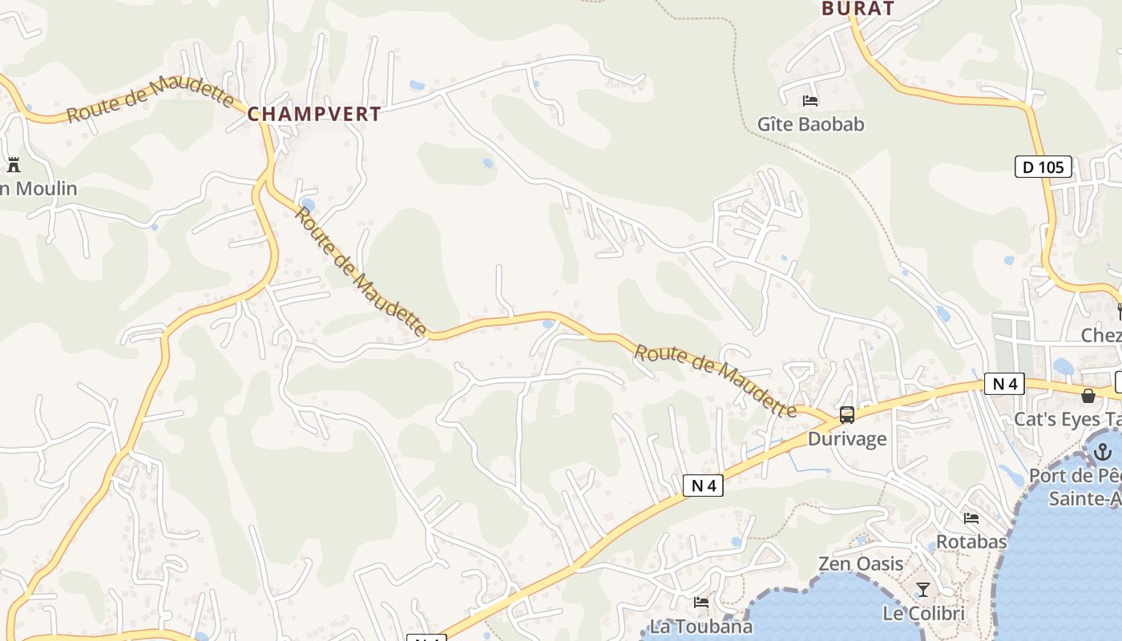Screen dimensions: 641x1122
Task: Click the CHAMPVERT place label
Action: click(x=314, y=114)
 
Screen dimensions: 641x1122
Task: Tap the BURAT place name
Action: click(x=857, y=9)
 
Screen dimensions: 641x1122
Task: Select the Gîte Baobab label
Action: click(x=811, y=124)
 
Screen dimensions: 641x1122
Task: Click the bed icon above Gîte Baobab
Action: click(x=810, y=101)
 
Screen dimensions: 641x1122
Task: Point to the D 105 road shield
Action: click(x=1043, y=167)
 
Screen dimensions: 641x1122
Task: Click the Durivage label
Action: click(x=847, y=438)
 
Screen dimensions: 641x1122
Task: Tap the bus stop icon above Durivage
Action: click(x=847, y=415)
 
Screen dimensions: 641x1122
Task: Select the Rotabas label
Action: click(x=971, y=542)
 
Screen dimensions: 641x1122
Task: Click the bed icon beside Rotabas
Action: click(x=971, y=518)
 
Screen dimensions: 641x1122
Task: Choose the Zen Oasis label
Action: click(x=861, y=563)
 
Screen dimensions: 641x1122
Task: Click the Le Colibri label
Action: click(x=923, y=614)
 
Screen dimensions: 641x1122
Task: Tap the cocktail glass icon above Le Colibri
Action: click(x=923, y=591)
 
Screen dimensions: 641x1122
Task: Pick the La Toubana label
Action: click(x=701, y=626)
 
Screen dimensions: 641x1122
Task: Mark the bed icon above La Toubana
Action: click(x=701, y=602)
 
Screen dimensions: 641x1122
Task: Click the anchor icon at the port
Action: click(x=1104, y=452)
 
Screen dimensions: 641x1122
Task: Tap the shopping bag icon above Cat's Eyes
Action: click(x=1088, y=396)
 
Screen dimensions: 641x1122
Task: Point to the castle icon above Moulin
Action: click(x=14, y=165)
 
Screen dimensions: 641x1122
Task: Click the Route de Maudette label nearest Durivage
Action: click(x=715, y=381)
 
